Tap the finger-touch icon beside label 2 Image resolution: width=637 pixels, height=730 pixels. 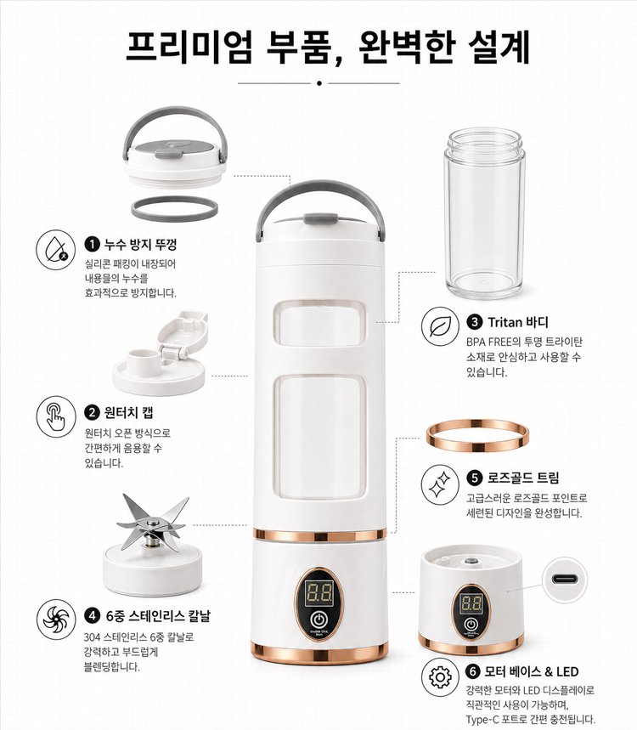(x=56, y=416)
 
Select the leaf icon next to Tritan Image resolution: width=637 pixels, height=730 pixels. (x=440, y=326)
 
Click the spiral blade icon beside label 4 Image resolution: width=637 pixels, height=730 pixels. (x=56, y=620)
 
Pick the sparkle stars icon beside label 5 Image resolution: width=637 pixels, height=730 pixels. (x=440, y=485)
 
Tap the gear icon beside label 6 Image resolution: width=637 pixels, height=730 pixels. (x=440, y=676)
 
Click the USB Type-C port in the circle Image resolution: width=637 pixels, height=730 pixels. (x=566, y=580)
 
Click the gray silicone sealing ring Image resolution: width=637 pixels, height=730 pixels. (x=174, y=208)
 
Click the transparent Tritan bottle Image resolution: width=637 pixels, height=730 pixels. (x=484, y=213)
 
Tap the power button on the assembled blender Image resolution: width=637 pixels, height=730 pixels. (x=318, y=620)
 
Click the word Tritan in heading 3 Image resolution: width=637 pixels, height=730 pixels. (x=505, y=322)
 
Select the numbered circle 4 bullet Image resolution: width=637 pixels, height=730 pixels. (x=92, y=616)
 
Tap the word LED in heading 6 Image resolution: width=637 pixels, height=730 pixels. (x=567, y=672)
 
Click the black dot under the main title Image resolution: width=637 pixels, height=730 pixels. (x=318, y=83)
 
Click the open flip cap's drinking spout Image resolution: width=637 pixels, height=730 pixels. (x=138, y=359)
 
